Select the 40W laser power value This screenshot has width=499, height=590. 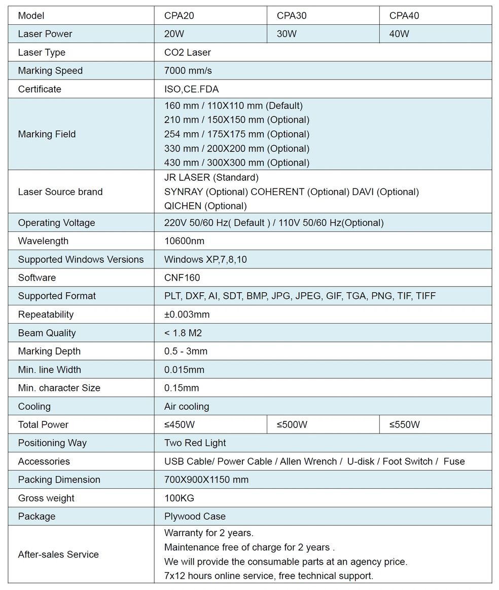(x=399, y=34)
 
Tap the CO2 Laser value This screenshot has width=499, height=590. (x=187, y=52)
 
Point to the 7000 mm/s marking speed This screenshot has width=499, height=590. (x=189, y=70)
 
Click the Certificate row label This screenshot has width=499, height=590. (x=40, y=89)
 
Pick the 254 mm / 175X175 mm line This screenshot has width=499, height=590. (x=236, y=134)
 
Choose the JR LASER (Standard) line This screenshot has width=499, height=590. (x=211, y=177)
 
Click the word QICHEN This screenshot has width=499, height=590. (x=183, y=206)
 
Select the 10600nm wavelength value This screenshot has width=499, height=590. (x=184, y=241)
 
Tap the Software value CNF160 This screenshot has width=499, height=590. (x=182, y=278)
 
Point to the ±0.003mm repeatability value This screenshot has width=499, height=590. (x=187, y=314)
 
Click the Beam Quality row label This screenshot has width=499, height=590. (x=47, y=333)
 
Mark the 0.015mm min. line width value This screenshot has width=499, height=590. (x=184, y=370)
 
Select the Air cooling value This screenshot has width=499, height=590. (x=186, y=406)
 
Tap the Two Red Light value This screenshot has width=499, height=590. (x=195, y=443)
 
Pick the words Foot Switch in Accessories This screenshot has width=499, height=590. (x=407, y=461)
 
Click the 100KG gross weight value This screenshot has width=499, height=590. (x=179, y=498)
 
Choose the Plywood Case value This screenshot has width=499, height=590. (x=195, y=516)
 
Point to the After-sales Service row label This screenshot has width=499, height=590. (x=58, y=555)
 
